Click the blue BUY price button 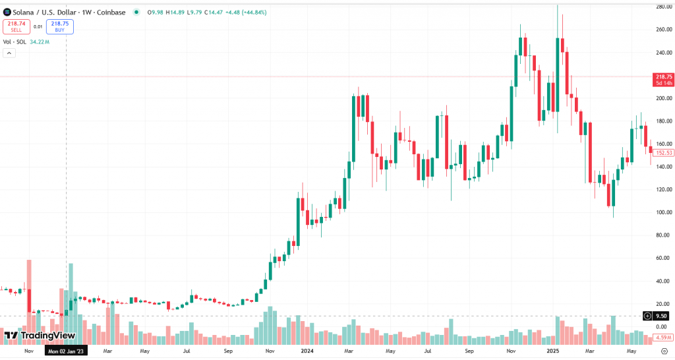60,26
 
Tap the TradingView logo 40,336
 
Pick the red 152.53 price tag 663,153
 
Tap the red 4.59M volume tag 662,338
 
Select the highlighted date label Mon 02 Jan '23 66,351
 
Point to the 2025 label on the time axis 552,351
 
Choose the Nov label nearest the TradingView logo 28,351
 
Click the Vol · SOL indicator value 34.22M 40,42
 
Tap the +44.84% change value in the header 253,12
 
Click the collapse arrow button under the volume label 9,53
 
